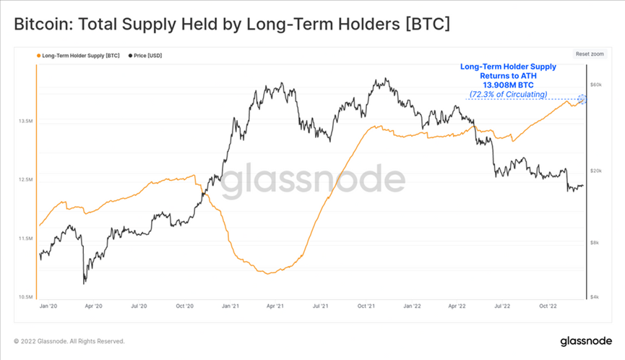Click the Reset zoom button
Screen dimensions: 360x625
pyautogui.click(x=590, y=54)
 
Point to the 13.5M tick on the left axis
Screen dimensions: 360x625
pyautogui.click(x=25, y=121)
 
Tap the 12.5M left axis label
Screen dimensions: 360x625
pyautogui.click(x=25, y=179)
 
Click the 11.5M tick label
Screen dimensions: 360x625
pyautogui.click(x=25, y=238)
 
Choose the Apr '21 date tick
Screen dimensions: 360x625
pyautogui.click(x=275, y=307)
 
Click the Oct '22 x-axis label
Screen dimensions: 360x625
pyautogui.click(x=548, y=307)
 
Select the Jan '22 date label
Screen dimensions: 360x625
pyautogui.click(x=411, y=307)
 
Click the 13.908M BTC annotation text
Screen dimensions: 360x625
pyautogui.click(x=508, y=85)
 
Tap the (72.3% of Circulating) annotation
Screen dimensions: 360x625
pyautogui.click(x=509, y=94)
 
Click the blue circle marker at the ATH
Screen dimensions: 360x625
pyautogui.click(x=583, y=98)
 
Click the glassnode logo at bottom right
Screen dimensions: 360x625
pyautogui.click(x=587, y=340)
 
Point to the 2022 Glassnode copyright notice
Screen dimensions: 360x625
pyautogui.click(x=69, y=341)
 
